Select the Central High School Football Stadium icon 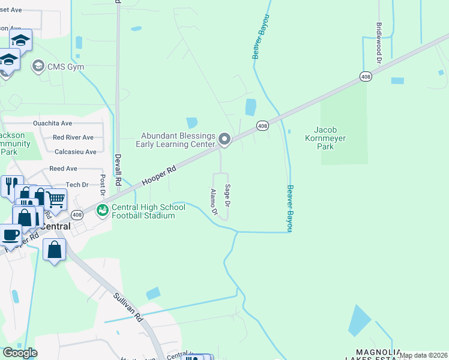[103, 211]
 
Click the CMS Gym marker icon [38, 66]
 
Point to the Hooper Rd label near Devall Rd [159, 176]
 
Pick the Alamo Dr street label [214, 203]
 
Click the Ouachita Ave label [53, 123]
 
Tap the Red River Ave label [73, 137]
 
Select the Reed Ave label [63, 169]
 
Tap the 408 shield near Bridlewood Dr [366, 76]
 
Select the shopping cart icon [55, 198]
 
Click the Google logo [20, 353]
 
